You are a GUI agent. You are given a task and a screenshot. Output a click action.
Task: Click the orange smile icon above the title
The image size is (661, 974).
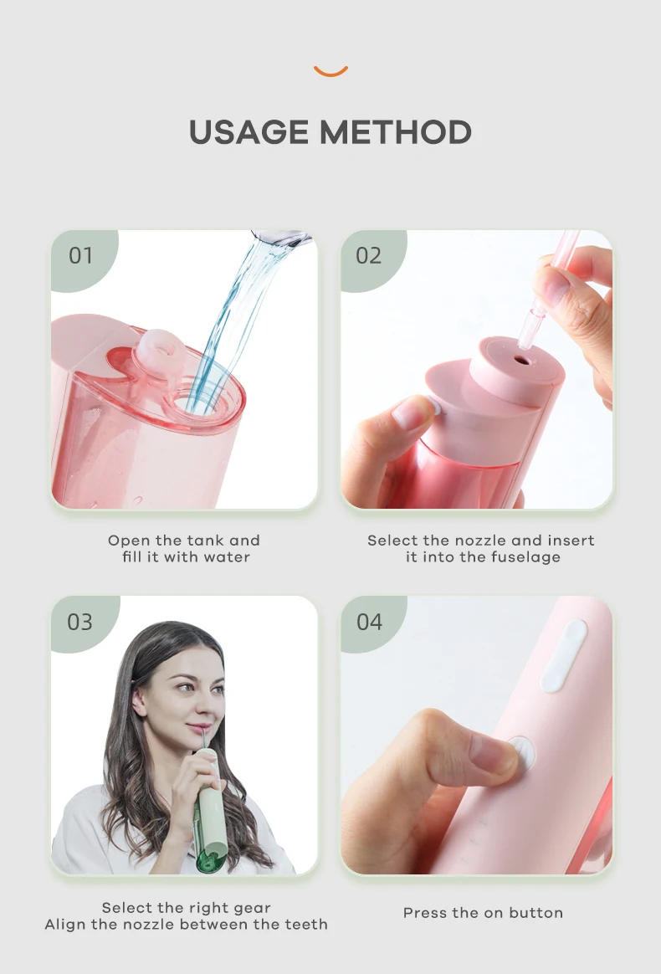click(330, 72)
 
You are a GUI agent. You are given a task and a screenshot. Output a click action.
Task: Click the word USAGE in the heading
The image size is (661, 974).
click(249, 132)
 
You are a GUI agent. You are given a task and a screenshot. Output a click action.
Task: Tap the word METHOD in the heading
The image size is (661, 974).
click(396, 132)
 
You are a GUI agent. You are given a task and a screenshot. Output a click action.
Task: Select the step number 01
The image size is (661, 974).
click(81, 255)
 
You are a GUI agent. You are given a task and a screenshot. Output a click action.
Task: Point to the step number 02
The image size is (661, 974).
click(368, 255)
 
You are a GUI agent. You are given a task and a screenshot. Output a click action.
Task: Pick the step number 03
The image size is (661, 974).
click(80, 622)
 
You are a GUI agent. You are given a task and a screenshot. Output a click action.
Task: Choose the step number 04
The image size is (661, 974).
click(370, 622)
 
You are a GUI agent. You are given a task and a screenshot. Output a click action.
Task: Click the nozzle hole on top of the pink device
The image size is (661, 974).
click(522, 360)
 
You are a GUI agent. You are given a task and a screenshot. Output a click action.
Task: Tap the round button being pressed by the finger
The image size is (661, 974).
click(522, 753)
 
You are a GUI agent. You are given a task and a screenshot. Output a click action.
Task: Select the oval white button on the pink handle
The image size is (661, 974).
click(564, 655)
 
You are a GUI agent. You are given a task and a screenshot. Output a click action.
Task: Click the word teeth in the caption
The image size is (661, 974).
click(306, 925)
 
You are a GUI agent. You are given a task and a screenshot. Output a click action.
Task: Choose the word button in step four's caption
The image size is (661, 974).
click(536, 913)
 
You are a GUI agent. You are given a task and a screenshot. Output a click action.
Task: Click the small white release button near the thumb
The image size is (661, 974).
click(433, 408)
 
